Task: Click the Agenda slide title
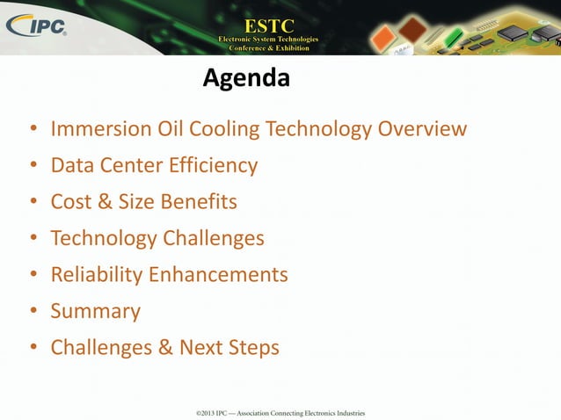(x=246, y=80)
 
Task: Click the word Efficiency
(x=215, y=165)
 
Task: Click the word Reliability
(x=97, y=275)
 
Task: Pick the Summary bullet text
(x=95, y=311)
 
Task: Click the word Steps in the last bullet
(x=252, y=348)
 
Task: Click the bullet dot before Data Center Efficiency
(x=33, y=166)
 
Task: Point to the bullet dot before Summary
(x=33, y=312)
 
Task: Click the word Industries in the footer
(x=347, y=412)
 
